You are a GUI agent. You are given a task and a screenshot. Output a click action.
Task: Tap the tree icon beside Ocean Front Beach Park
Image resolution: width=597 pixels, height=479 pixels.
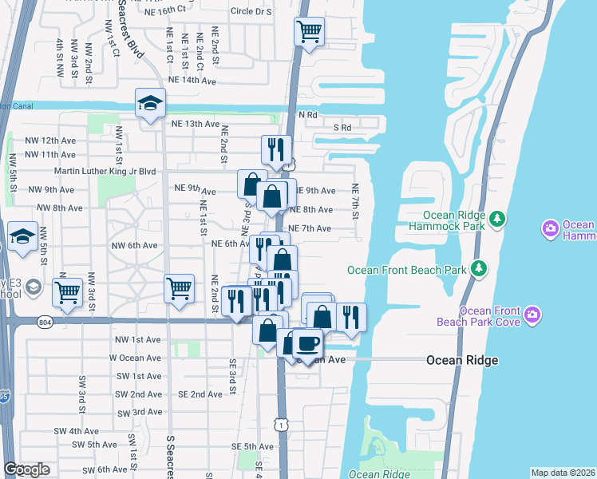479,269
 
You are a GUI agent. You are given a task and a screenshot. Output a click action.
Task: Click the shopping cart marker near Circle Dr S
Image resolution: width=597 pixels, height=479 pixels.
309,32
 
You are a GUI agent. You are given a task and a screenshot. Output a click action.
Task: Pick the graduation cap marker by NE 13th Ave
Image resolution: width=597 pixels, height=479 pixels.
149,103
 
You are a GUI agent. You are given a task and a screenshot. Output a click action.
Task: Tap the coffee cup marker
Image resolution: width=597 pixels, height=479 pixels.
306,343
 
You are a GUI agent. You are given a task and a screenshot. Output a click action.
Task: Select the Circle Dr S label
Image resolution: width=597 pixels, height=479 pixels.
251,12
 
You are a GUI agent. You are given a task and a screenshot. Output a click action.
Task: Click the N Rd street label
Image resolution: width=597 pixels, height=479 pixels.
308,115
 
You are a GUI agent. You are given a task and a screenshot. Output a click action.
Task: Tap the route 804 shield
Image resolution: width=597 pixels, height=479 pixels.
45,322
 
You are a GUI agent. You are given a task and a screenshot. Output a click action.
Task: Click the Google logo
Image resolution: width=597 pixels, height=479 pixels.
26,469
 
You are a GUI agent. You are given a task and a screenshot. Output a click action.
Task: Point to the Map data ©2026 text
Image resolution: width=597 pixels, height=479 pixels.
562,473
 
